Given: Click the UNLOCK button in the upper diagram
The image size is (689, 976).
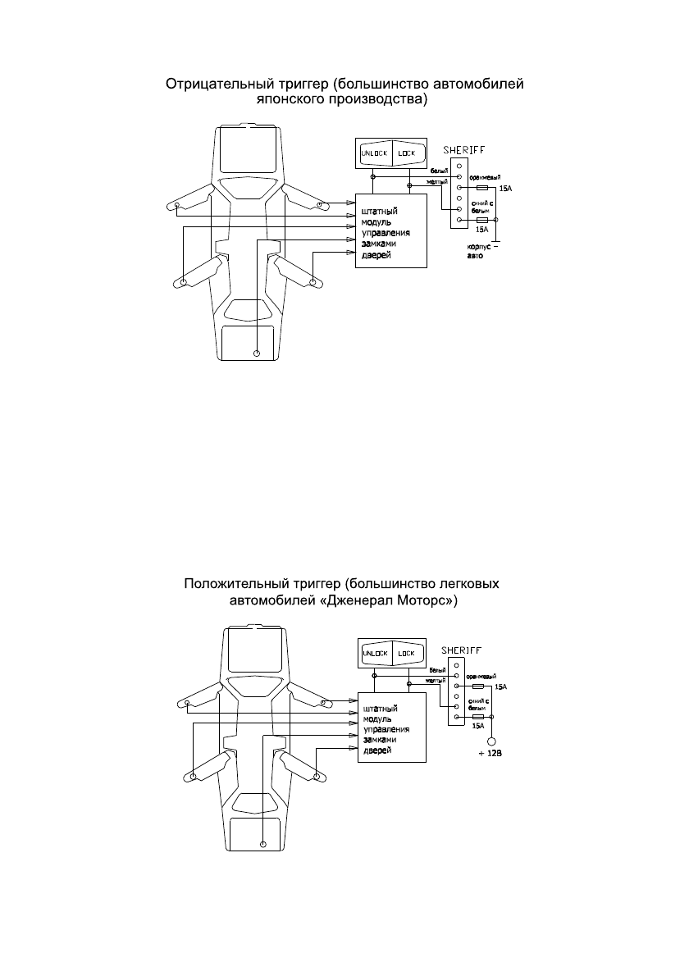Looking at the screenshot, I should coord(374,153).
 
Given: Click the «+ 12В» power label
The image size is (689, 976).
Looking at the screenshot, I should coord(490,756).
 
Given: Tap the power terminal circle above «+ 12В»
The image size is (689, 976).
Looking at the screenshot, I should coord(491,741).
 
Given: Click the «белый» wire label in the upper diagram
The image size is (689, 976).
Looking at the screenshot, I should coord(439,171).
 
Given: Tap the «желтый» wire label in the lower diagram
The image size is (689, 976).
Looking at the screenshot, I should coord(436,680).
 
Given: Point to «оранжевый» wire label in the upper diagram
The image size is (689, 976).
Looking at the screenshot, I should coord(485,176).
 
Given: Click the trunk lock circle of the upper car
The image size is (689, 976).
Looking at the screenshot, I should coord(257,353).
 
